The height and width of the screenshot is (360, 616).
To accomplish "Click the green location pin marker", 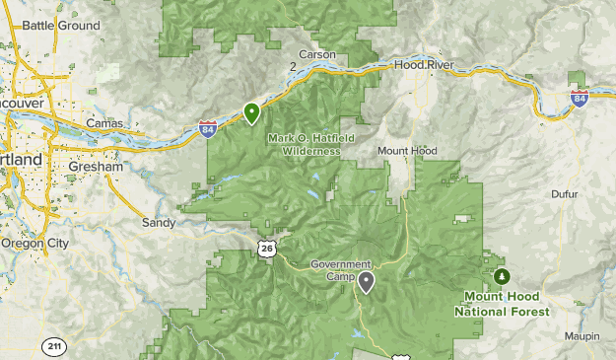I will pos(252,113).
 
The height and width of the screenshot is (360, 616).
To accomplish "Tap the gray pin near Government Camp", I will pos(366,282).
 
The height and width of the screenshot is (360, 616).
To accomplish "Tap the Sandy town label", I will pos(158,223).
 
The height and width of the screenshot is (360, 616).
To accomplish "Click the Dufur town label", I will pos(568,195).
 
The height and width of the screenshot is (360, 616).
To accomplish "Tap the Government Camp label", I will pos(340,269).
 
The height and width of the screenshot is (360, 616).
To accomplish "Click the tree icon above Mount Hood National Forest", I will pos(503,277).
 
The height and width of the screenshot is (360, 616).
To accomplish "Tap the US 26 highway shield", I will pos(267,248).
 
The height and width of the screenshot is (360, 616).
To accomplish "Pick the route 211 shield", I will pos(54,346).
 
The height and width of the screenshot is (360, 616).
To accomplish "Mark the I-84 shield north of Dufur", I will pos(580,96).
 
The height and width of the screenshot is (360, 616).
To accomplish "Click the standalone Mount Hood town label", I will pos(407,151).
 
